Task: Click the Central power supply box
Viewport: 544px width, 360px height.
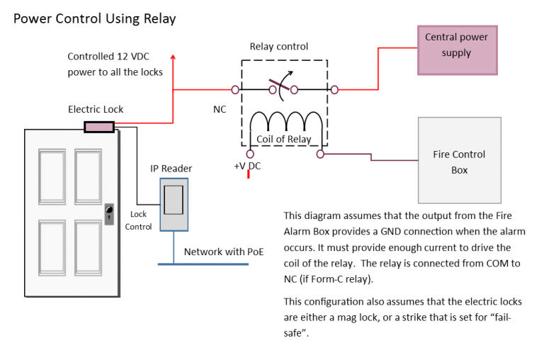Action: click(457, 49)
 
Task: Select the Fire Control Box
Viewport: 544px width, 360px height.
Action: click(459, 161)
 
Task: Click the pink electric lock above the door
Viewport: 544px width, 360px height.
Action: click(99, 127)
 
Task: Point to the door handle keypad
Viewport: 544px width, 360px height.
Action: click(108, 213)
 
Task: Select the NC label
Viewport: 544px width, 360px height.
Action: click(220, 110)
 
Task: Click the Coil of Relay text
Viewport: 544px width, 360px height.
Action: click(284, 139)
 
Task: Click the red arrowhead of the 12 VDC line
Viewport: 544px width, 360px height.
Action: click(173, 56)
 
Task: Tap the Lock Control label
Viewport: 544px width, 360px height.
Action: click(138, 220)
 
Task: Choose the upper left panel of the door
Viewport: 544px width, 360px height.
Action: click(52, 176)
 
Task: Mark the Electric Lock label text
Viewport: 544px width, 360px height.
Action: click(96, 109)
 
